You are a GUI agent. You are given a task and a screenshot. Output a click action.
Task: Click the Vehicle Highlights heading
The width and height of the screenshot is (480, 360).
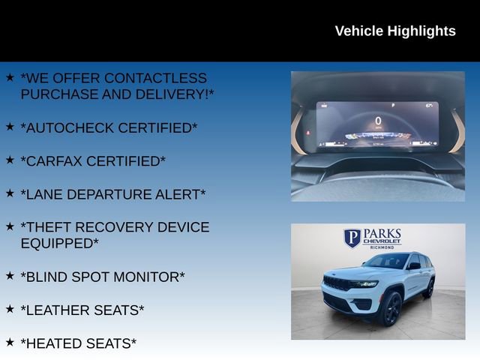click(x=394, y=31)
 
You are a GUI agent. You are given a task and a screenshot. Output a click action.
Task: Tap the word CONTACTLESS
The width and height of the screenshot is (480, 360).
click(x=156, y=78)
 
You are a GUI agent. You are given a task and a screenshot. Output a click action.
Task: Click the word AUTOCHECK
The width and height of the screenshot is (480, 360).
click(x=72, y=128)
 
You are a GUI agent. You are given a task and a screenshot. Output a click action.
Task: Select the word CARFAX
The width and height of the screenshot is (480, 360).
click(x=56, y=161)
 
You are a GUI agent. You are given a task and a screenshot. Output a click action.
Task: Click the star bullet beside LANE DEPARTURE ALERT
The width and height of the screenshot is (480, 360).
click(x=10, y=193)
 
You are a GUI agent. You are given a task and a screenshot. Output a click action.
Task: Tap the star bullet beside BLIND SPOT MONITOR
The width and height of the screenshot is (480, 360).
click(x=10, y=275)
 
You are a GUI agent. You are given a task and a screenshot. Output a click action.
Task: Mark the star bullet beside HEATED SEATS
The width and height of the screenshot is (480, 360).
click(x=10, y=341)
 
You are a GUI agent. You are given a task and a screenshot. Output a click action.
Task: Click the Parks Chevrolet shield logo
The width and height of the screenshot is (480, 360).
click(x=352, y=238)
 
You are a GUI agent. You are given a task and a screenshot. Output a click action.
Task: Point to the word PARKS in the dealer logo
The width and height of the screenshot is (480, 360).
click(x=382, y=233)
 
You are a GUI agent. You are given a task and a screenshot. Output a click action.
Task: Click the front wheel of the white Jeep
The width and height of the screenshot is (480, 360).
click(x=390, y=308)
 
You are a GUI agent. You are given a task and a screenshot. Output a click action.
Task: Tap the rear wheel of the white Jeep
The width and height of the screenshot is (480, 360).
click(x=429, y=289)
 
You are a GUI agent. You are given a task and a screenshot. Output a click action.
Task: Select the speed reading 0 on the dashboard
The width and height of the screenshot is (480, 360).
click(x=378, y=120)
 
